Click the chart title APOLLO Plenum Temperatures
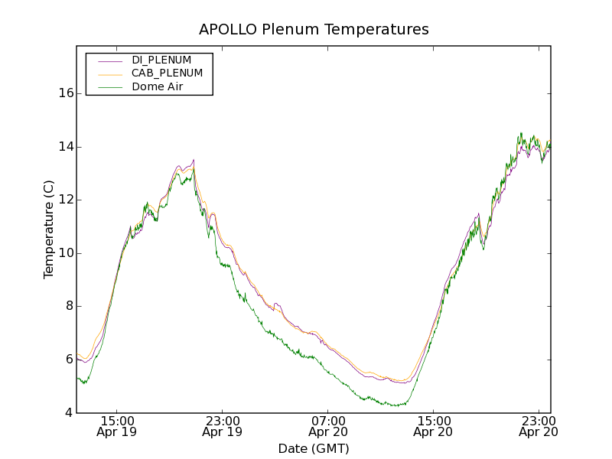pyautogui.click(x=314, y=30)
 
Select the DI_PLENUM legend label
pyautogui.click(x=161, y=60)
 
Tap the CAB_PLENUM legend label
pyautogui.click(x=167, y=73)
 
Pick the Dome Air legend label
pyautogui.click(x=157, y=87)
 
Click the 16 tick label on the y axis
pyautogui.click(x=66, y=93)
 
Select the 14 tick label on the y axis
pyautogui.click(x=66, y=147)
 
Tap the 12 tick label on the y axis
pyautogui.click(x=66, y=200)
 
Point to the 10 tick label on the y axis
pyautogui.click(x=66, y=253)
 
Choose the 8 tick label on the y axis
pyautogui.click(x=69, y=306)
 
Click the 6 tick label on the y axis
pyautogui.click(x=69, y=360)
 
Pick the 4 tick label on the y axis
pyautogui.click(x=69, y=413)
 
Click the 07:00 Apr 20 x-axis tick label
pyautogui.click(x=328, y=426)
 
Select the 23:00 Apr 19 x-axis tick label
pyautogui.click(x=223, y=426)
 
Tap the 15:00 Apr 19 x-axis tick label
pyautogui.click(x=117, y=426)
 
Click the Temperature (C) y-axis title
pyautogui.click(x=49, y=229)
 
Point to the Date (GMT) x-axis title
pyautogui.click(x=314, y=448)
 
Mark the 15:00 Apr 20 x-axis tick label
pyautogui.click(x=434, y=426)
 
